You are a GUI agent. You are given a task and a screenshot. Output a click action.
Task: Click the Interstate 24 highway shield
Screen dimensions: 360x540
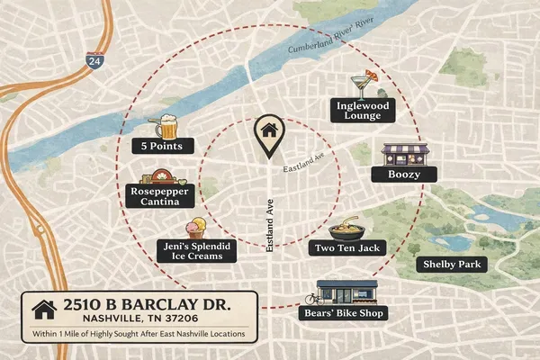click(94, 61)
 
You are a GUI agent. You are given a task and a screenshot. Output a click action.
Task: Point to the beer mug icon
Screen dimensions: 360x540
click(165, 124)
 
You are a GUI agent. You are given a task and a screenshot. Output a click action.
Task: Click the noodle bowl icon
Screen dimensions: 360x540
click(346, 227)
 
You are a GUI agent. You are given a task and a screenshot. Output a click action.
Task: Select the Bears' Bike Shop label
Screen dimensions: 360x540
click(342, 313)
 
